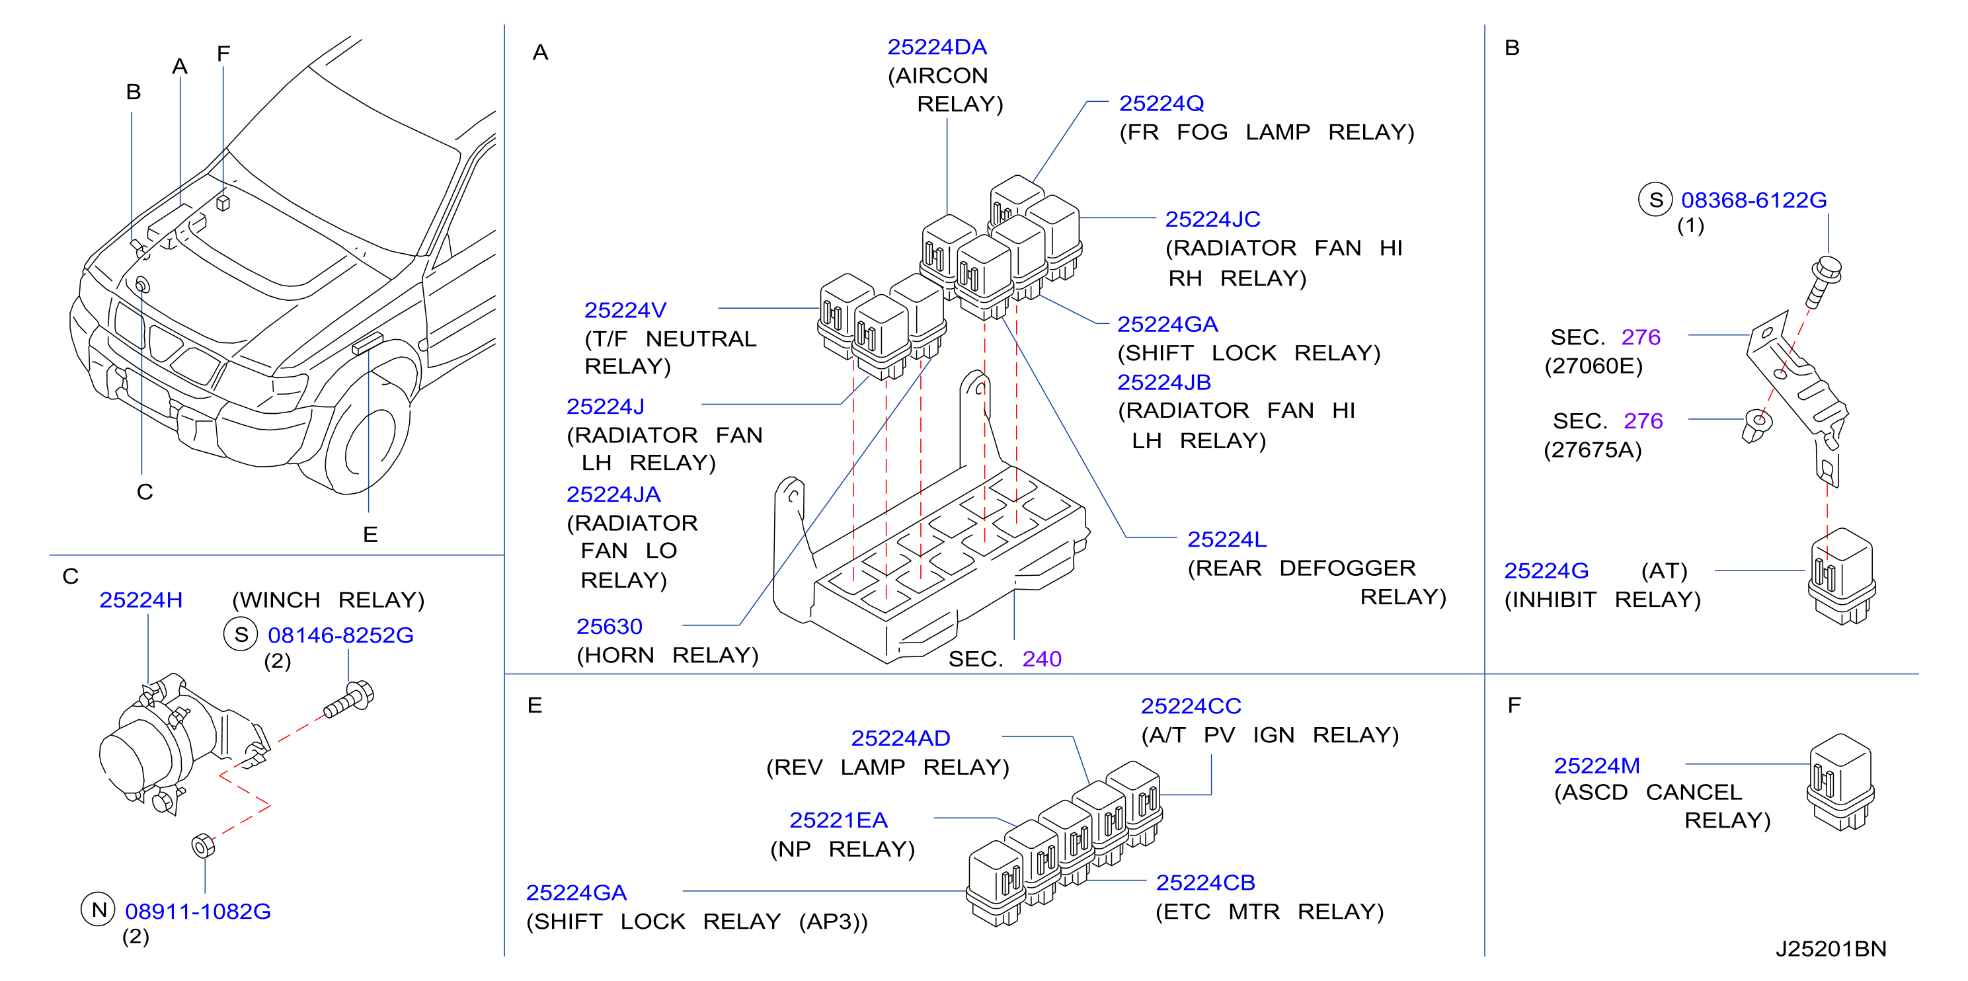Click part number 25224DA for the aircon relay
pyautogui.click(x=937, y=48)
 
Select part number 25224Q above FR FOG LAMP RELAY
pyautogui.click(x=1161, y=103)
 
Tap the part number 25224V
pyautogui.click(x=625, y=310)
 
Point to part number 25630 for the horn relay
pyautogui.click(x=609, y=627)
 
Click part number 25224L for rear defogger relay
pyautogui.click(x=1226, y=539)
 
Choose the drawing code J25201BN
pyautogui.click(x=1830, y=949)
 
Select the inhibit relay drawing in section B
pyautogui.click(x=1841, y=575)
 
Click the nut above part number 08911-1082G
pyautogui.click(x=202, y=845)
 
